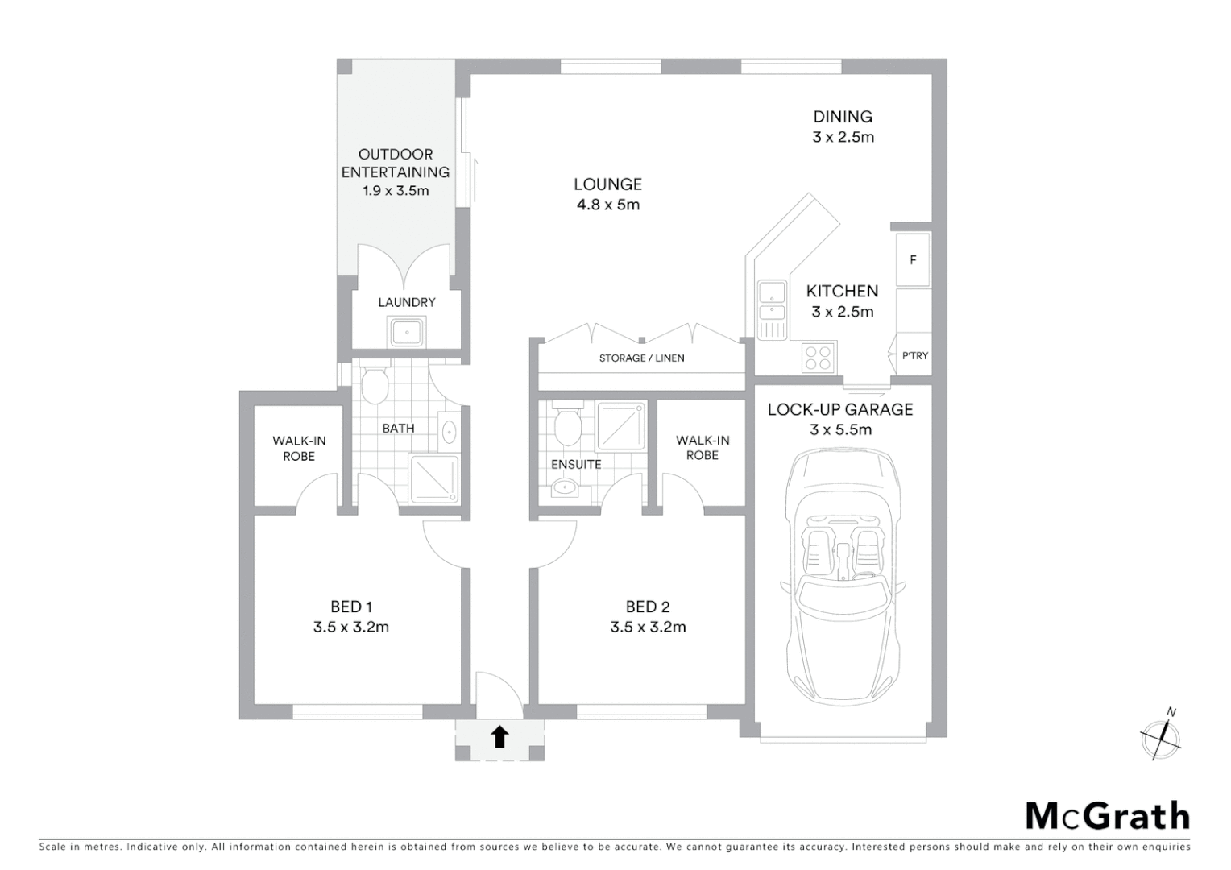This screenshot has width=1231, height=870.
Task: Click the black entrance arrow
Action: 499,736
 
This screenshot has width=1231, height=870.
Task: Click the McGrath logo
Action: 1107,816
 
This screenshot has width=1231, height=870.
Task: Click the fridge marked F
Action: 913,259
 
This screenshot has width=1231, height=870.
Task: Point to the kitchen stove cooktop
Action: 819,357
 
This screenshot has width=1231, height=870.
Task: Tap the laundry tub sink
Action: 408,331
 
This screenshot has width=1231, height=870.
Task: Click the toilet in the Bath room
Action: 375,386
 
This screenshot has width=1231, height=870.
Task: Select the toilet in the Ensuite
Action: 567,425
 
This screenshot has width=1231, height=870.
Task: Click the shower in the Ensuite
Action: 620,426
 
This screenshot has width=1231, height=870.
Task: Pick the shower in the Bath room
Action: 434,478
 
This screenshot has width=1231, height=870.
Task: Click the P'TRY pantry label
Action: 914,355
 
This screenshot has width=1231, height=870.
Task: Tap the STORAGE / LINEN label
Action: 641,358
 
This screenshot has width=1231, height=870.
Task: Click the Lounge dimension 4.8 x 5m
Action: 607,205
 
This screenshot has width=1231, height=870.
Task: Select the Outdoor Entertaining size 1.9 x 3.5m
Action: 395,191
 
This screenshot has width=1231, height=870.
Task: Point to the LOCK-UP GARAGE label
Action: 839,409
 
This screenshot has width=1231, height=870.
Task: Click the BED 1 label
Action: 351,607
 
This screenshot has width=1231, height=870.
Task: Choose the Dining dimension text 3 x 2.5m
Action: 843,137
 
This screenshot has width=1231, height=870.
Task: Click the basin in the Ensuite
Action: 566,487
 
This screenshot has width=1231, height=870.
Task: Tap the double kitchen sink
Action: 772,300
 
